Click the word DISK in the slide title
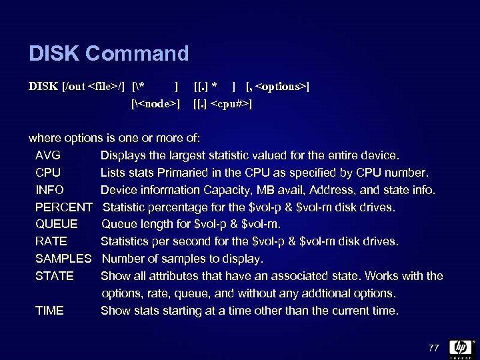pyautogui.click(x=53, y=53)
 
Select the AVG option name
pyautogui.click(x=48, y=156)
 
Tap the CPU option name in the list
pyautogui.click(x=48, y=173)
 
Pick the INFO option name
pyautogui.click(x=50, y=191)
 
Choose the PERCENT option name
pyautogui.click(x=64, y=207)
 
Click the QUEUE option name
pyautogui.click(x=57, y=225)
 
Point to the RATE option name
pyautogui.click(x=51, y=241)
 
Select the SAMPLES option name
pyautogui.click(x=63, y=259)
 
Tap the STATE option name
pyautogui.click(x=55, y=276)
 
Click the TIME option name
pyautogui.click(x=50, y=311)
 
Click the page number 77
pyautogui.click(x=434, y=347)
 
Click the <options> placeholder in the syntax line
pyautogui.click(x=281, y=87)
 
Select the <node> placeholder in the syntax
pyautogui.click(x=156, y=104)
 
